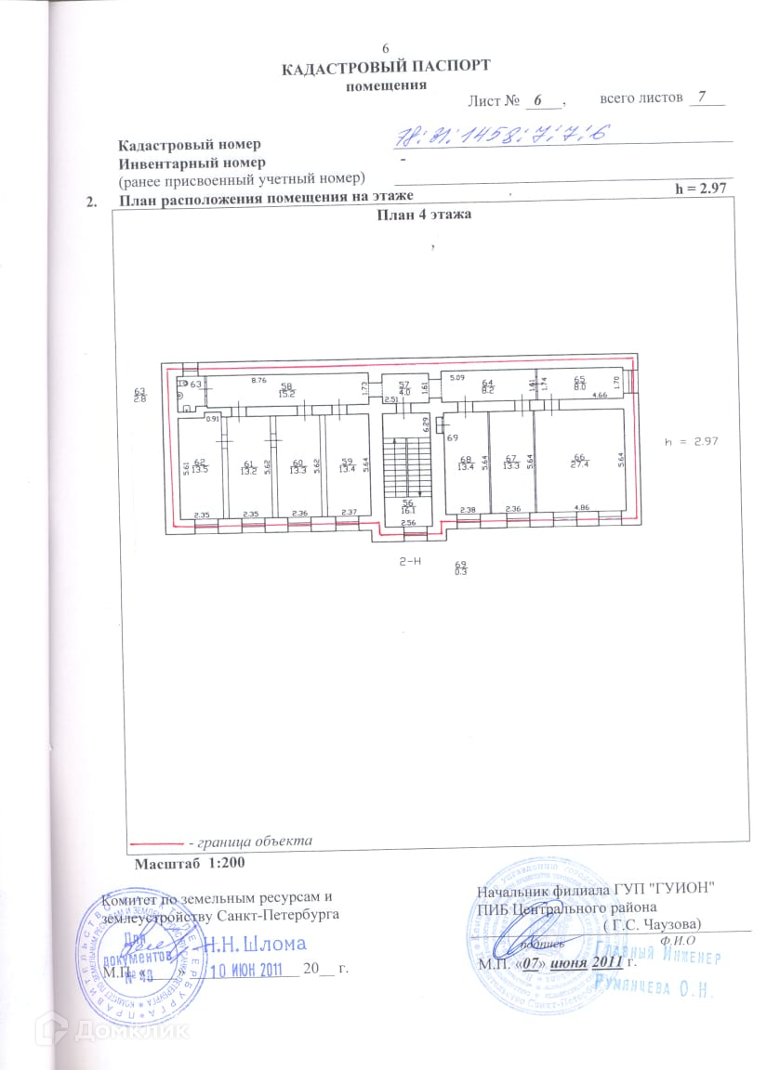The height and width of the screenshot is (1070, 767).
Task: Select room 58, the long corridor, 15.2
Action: pyautogui.click(x=287, y=390)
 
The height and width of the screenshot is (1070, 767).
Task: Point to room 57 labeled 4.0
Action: pyautogui.click(x=404, y=388)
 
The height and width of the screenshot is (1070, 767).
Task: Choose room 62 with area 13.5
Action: pyautogui.click(x=200, y=466)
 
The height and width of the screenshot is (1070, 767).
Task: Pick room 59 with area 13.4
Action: pyautogui.click(x=347, y=466)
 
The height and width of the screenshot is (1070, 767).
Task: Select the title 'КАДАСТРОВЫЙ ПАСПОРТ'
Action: pyautogui.click(x=386, y=67)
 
